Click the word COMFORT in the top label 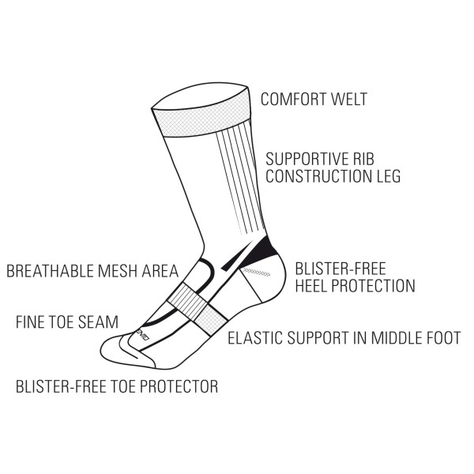tap(293, 99)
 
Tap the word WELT tap(349, 99)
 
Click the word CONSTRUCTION tap(318, 176)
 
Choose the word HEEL tap(311, 286)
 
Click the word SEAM tap(98, 322)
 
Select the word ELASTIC tap(255, 338)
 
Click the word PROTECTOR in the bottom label tap(179, 386)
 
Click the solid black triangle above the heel tap(260, 251)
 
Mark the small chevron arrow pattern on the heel tap(257, 272)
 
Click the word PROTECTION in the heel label tap(374, 286)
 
